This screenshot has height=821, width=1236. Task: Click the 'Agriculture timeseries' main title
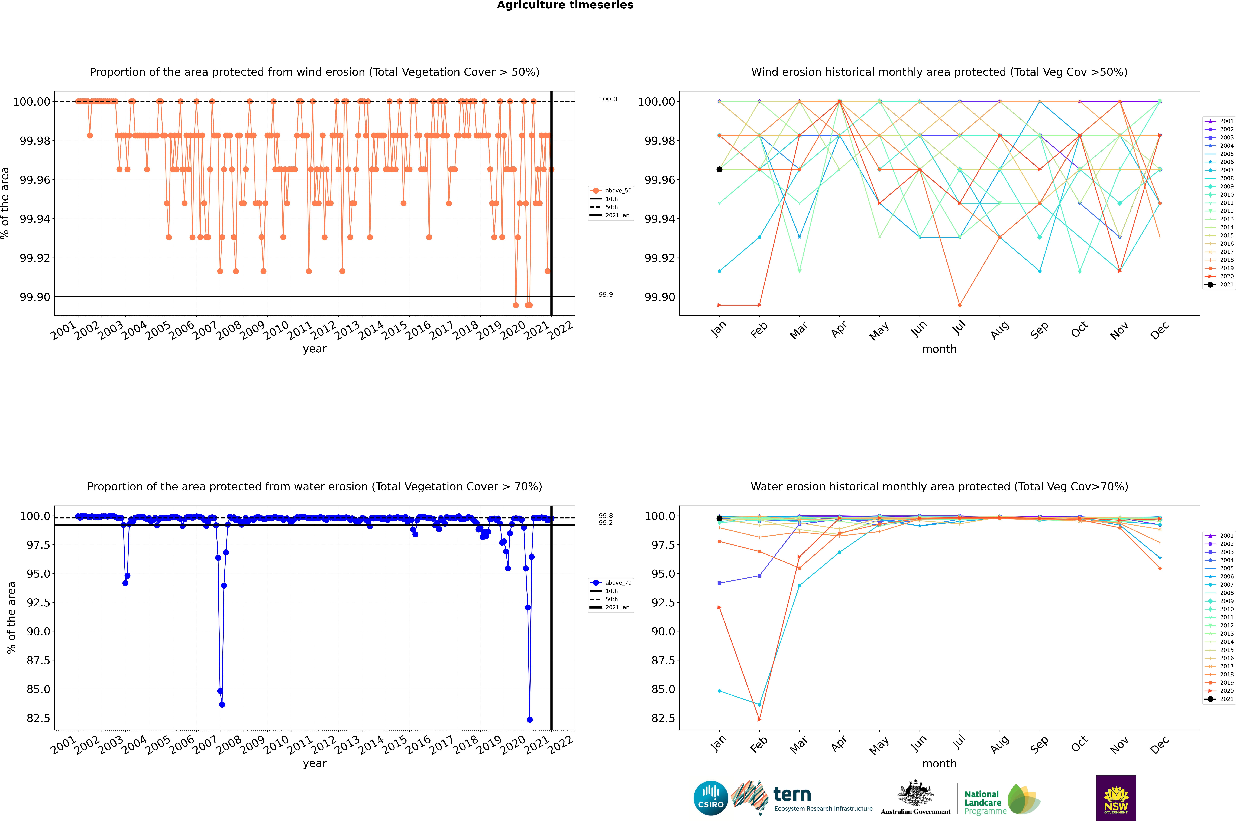tap(565, 5)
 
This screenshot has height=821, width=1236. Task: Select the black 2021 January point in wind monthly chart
tap(719, 169)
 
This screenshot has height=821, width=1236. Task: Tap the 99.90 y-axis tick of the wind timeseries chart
tap(35, 297)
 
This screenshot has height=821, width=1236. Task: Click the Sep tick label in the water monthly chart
tap(1039, 744)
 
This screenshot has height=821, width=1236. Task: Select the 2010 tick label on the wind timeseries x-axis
tap(276, 330)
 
